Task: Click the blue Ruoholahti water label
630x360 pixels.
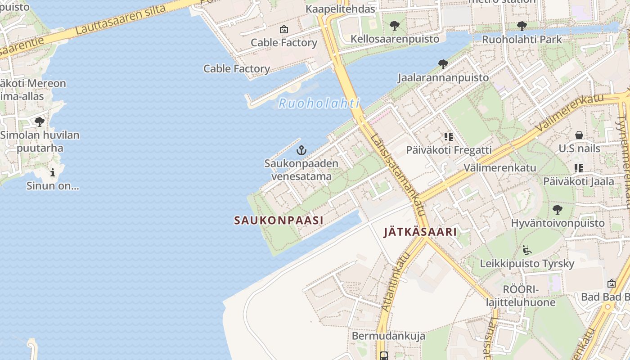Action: (x=319, y=103)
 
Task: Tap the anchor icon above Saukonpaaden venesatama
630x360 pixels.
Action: (x=301, y=150)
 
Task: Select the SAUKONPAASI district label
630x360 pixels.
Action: (x=279, y=220)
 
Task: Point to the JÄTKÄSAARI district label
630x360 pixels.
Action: (x=420, y=232)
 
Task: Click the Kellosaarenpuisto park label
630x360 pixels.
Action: (x=395, y=39)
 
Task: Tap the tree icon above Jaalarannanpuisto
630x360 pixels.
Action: (x=443, y=64)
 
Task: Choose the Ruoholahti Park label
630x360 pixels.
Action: (x=522, y=40)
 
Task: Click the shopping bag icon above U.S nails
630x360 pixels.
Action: (x=579, y=135)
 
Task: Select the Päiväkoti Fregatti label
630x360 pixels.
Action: (x=449, y=150)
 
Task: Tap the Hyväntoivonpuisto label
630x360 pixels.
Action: (x=558, y=223)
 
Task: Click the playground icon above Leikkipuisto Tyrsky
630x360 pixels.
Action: (x=527, y=250)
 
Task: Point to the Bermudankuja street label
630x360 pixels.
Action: (x=388, y=336)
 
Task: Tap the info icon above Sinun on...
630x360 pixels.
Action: (x=53, y=172)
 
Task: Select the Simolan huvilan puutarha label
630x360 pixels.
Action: (x=40, y=141)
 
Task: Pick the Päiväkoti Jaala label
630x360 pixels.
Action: (x=578, y=181)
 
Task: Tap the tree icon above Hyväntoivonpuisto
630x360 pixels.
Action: (x=558, y=209)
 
